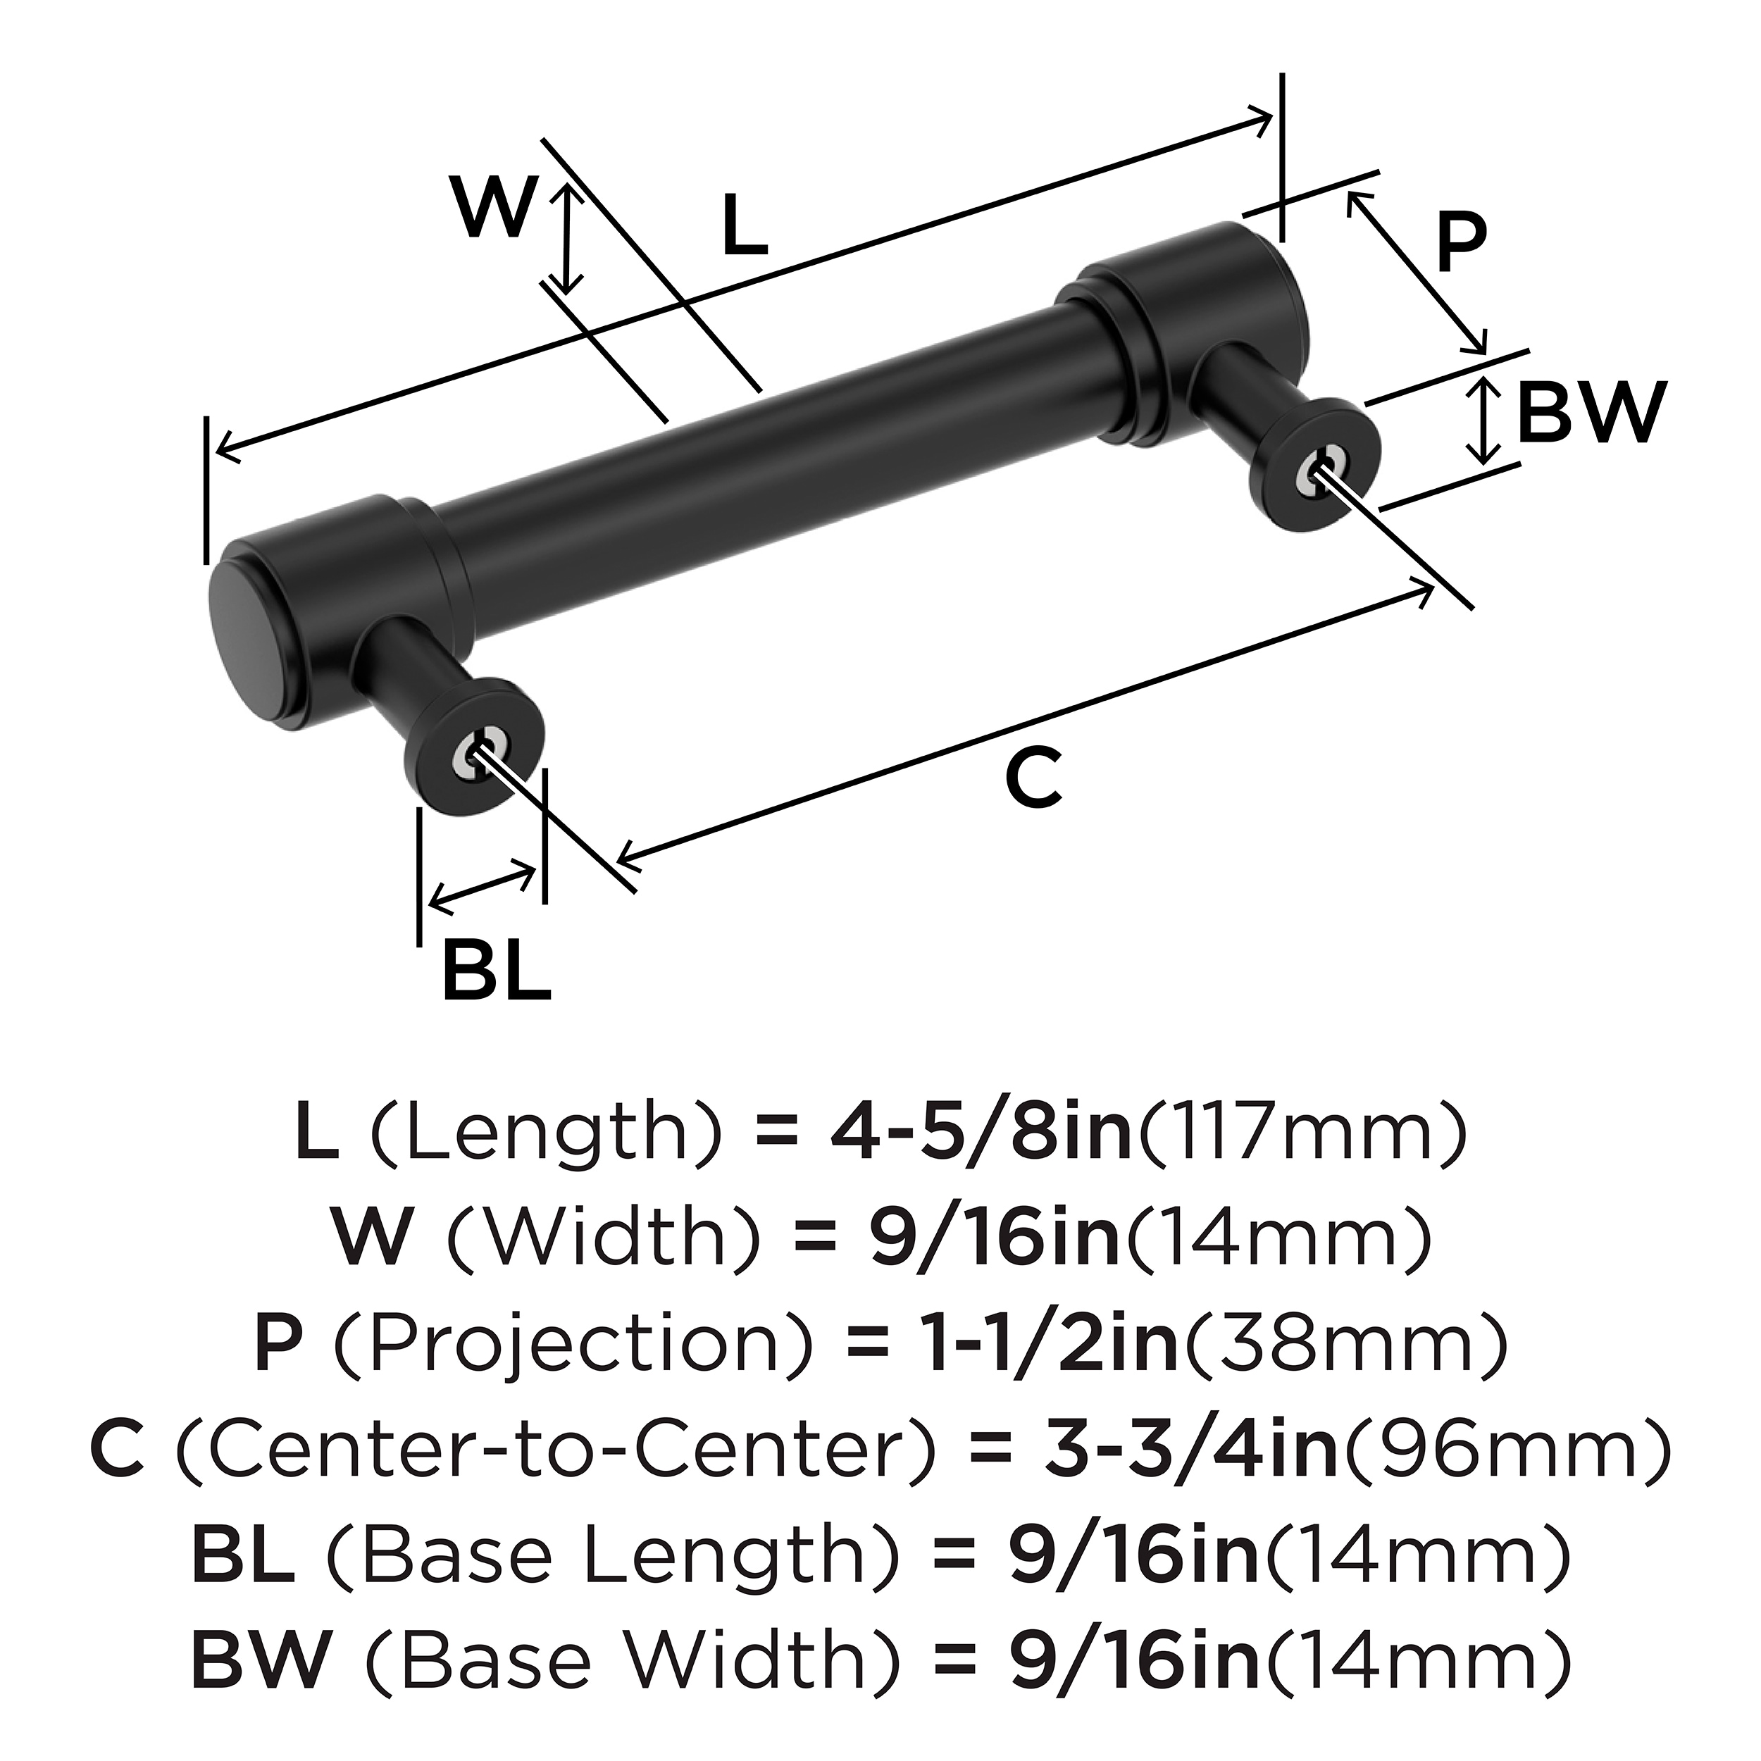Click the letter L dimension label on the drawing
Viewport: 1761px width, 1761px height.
(745, 225)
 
